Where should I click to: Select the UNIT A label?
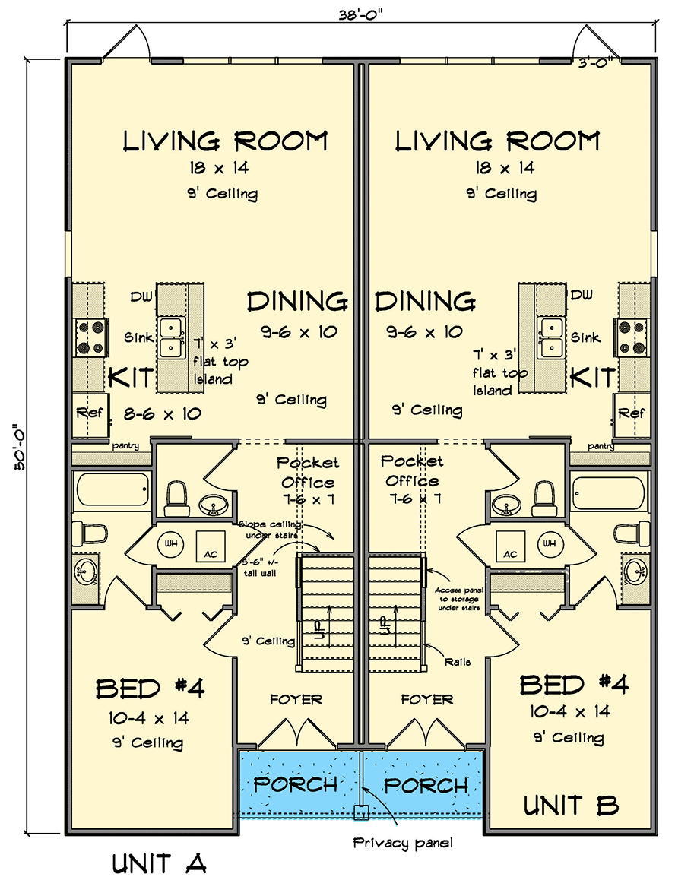(x=160, y=864)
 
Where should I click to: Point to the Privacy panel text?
(x=403, y=842)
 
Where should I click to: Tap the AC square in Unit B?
(x=511, y=544)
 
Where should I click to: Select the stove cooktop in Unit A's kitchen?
(x=90, y=338)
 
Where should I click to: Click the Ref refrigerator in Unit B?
(x=631, y=414)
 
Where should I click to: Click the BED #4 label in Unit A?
(x=150, y=689)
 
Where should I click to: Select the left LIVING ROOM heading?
(x=225, y=141)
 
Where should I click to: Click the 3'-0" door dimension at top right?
(x=597, y=64)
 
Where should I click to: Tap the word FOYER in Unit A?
(x=296, y=699)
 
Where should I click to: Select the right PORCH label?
(x=426, y=785)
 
